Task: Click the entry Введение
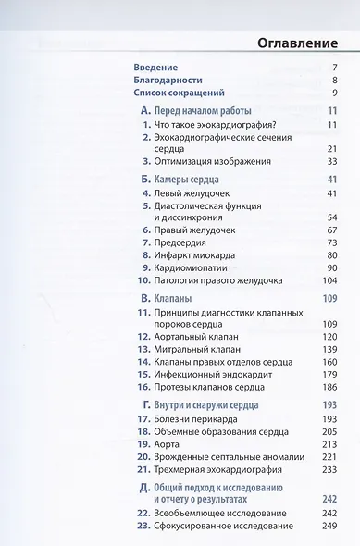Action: [155, 68]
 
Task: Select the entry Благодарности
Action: [168, 81]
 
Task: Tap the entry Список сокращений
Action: [180, 93]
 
